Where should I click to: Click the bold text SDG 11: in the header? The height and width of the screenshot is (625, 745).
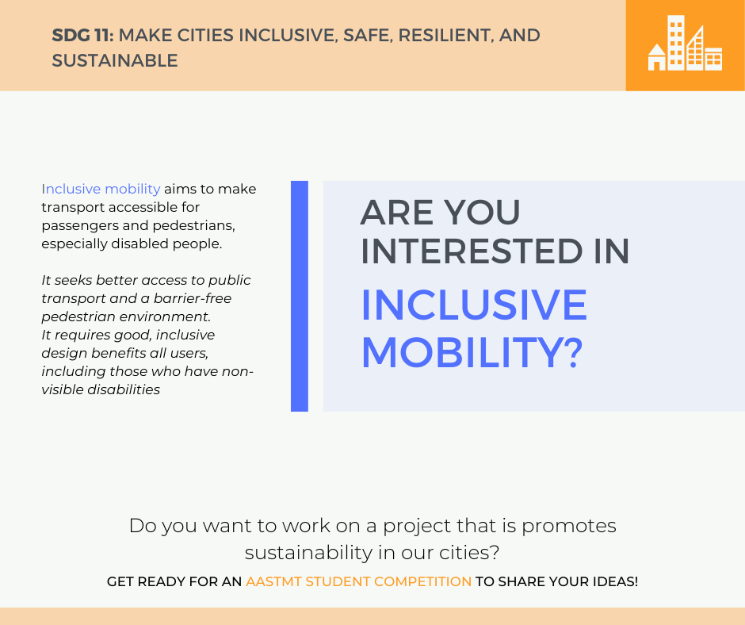[82, 35]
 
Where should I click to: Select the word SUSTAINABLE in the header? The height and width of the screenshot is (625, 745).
[115, 61]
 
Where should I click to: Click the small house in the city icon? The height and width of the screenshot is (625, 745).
[657, 57]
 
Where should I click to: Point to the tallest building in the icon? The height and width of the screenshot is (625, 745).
[676, 43]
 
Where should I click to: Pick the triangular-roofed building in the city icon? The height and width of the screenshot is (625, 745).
[695, 49]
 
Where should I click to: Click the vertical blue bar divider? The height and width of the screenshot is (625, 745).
[300, 296]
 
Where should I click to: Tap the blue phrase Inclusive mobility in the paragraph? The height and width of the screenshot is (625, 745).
[101, 189]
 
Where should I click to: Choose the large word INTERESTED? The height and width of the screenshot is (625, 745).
[472, 251]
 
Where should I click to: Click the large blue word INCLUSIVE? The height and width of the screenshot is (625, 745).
[474, 305]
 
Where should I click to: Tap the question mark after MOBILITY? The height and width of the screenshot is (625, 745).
[575, 352]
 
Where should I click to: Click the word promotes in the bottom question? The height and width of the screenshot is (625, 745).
[569, 526]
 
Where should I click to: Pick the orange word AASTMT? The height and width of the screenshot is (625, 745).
[273, 581]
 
